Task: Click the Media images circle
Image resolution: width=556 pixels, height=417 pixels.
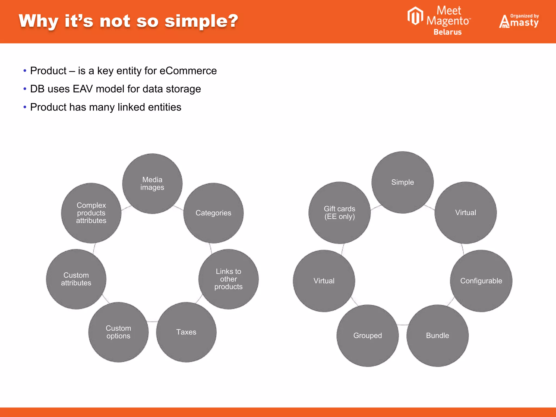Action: point(152,184)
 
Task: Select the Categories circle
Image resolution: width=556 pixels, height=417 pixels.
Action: point(213,213)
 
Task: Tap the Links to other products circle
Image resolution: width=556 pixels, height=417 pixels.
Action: point(228,279)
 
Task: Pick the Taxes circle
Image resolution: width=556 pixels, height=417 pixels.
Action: point(186,332)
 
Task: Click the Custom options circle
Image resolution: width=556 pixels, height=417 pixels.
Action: point(118,332)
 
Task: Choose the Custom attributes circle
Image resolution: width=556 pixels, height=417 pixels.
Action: point(76,279)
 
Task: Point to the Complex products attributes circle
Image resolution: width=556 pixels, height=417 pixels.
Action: point(91,213)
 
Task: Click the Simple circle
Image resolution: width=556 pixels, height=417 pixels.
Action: point(402,182)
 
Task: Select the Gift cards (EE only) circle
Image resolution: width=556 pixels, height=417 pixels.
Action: point(339,213)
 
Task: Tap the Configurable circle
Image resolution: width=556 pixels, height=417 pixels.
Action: point(481,281)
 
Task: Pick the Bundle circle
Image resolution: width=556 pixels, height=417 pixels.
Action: point(437,336)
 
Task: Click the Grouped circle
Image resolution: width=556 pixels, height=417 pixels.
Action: point(368,336)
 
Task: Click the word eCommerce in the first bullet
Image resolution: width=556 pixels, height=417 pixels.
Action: point(188,71)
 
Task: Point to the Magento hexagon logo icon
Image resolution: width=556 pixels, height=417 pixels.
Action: point(415,16)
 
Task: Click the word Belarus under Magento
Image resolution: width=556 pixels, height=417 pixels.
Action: point(447,32)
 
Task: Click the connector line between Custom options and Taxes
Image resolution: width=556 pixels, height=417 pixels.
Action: point(152,322)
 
